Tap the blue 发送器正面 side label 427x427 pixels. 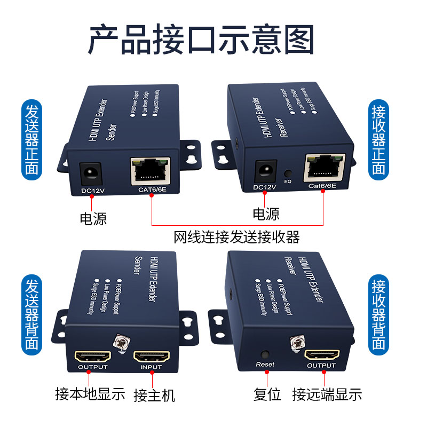point(31,138)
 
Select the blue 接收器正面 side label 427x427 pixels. point(378,138)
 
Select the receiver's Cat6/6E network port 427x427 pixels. point(323,168)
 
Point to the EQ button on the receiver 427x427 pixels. point(288,173)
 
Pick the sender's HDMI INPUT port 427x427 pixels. point(151,357)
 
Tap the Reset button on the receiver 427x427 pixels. point(264,354)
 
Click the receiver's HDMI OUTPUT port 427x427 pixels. point(321,355)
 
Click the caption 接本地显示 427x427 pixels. point(90,394)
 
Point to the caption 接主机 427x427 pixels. point(154,396)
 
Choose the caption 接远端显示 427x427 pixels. point(327,394)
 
